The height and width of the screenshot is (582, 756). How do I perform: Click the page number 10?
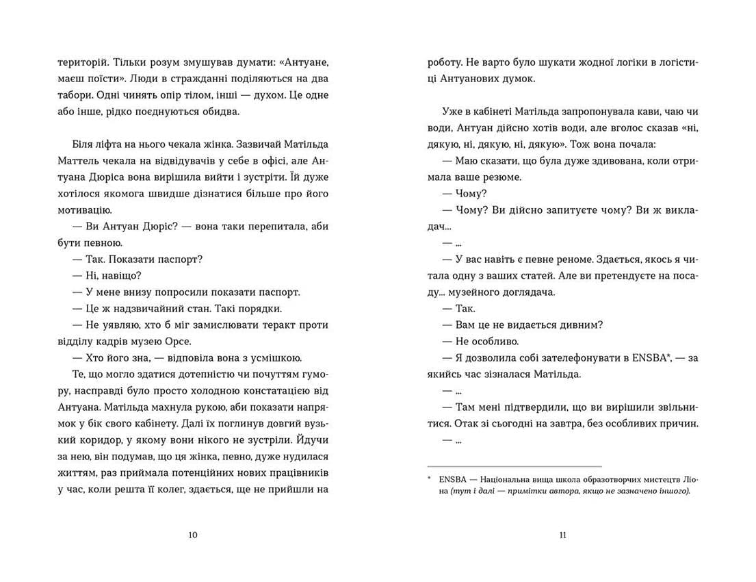pos(192,535)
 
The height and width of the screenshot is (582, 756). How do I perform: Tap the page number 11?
pos(562,535)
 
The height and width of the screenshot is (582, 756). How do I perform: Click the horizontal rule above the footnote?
pos(514,465)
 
